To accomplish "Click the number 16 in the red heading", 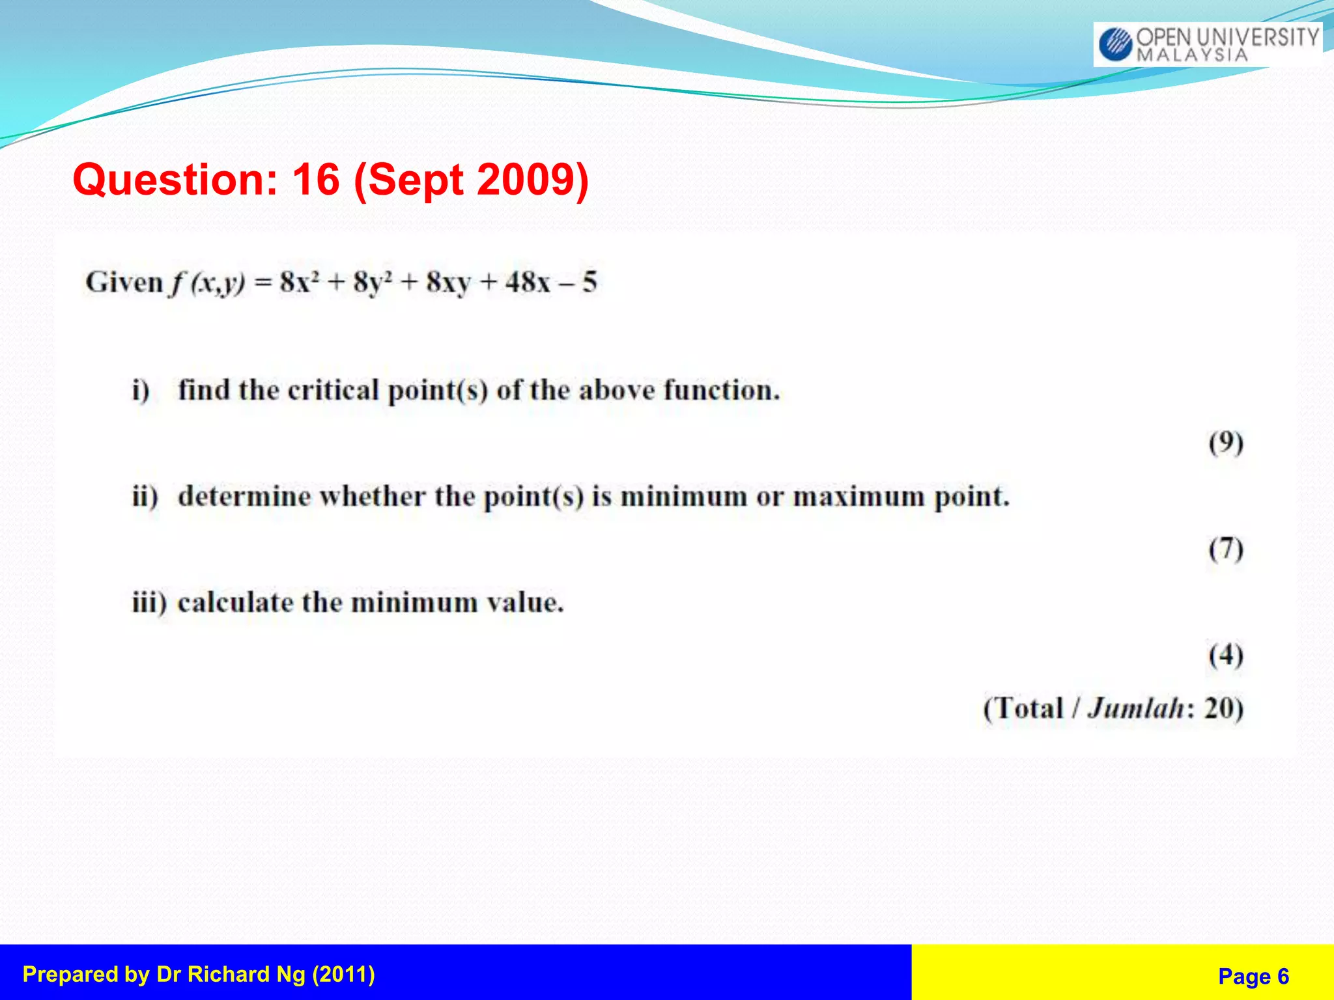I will tap(316, 179).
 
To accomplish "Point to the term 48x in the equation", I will tap(528, 283).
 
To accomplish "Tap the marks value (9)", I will tap(1226, 443).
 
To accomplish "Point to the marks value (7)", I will tap(1226, 549).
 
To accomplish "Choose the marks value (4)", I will tap(1226, 655).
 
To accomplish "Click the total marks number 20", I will tap(1217, 708).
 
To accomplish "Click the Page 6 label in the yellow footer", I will tap(1253, 976).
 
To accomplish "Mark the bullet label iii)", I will tap(149, 602).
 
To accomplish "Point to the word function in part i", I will tap(721, 390).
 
